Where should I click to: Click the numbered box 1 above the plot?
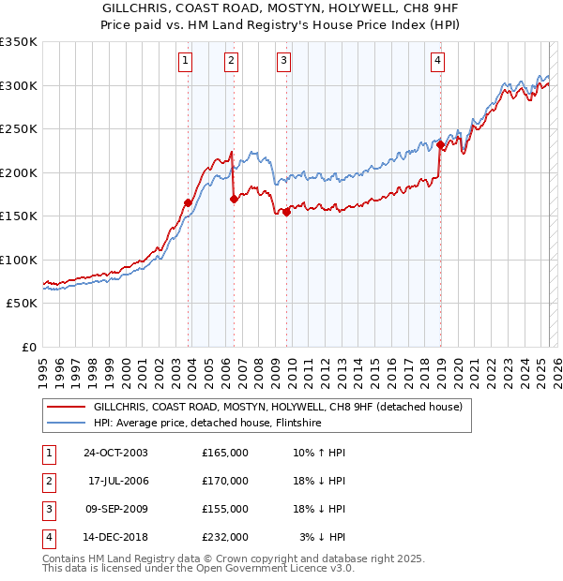[185, 62]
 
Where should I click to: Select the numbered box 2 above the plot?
[231, 62]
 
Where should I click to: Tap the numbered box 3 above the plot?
[283, 62]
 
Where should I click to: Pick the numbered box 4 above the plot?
[437, 62]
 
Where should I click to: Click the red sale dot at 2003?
[189, 202]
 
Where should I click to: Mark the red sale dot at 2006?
[234, 198]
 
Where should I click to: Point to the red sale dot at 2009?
[286, 211]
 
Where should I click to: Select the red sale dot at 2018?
[440, 144]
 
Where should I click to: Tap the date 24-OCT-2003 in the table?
[115, 453]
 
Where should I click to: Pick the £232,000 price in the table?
[225, 537]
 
